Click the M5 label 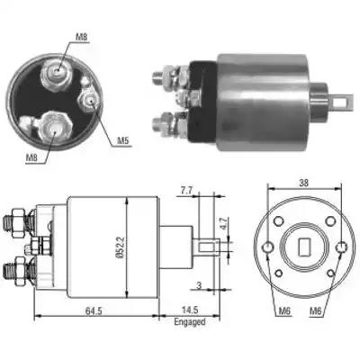coord(124,140)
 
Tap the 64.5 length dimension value coord(94,310)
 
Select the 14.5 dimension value coord(190,310)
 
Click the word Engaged coord(190,322)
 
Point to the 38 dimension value coord(303,183)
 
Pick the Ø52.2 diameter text coord(120,247)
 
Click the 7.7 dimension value coord(186,191)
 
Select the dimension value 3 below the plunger coord(199,285)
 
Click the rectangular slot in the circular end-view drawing coord(305,247)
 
